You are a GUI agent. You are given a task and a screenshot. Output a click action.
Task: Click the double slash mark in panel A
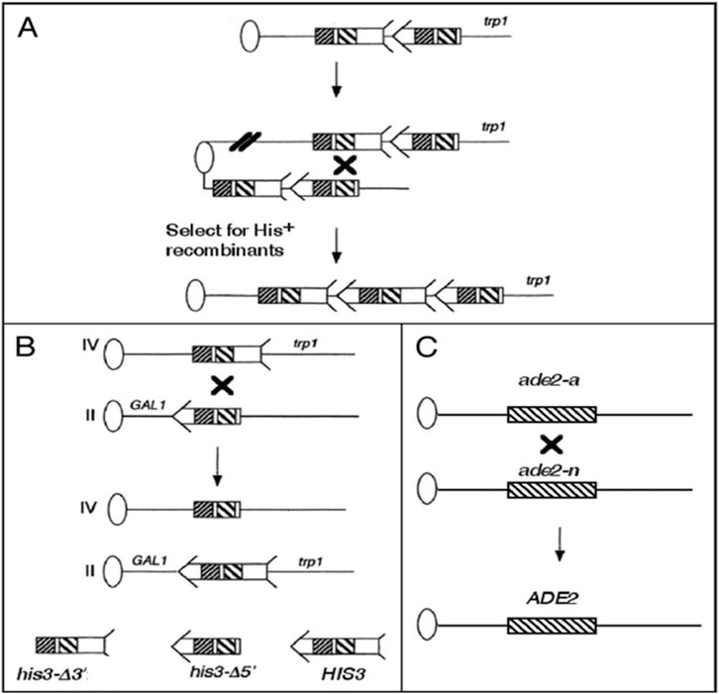tap(241, 142)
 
